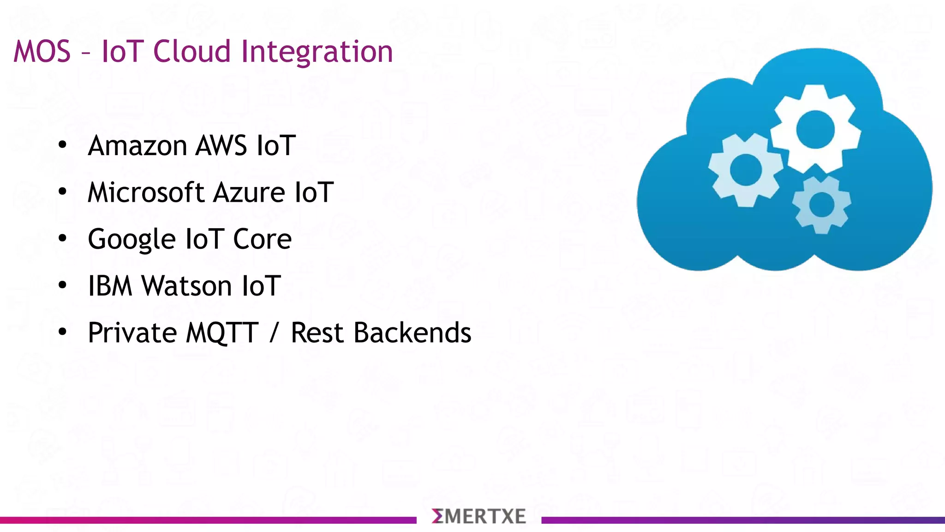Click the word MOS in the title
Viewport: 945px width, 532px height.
click(x=42, y=51)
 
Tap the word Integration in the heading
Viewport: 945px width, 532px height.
click(x=317, y=51)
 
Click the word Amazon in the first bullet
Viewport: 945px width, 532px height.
click(x=137, y=146)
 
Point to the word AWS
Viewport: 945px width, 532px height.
click(x=221, y=146)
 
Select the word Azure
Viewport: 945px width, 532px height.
click(x=250, y=193)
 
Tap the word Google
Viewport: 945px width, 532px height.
click(x=131, y=240)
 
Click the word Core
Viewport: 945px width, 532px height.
click(x=262, y=240)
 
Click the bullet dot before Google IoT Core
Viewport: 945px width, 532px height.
click(x=63, y=239)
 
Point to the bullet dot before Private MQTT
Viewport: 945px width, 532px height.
click(x=63, y=332)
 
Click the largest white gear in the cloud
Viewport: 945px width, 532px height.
click(x=815, y=130)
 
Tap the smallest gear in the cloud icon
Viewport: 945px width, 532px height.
click(x=821, y=205)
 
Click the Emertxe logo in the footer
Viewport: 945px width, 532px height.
click(x=478, y=516)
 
